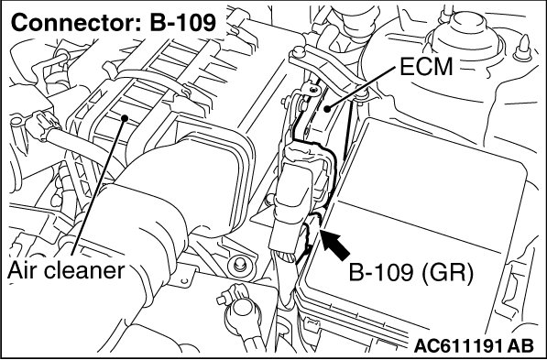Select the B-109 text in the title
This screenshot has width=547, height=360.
(x=183, y=23)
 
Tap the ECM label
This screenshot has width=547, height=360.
(x=426, y=66)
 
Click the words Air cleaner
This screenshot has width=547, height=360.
(x=66, y=270)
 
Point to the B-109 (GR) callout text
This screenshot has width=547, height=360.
(x=411, y=272)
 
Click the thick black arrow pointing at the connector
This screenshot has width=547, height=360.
(x=334, y=245)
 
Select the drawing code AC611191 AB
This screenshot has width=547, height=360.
(x=474, y=346)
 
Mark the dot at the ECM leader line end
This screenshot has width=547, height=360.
(x=327, y=109)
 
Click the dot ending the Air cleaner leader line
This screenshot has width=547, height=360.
(x=125, y=118)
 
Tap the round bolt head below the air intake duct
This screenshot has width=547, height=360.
(x=240, y=265)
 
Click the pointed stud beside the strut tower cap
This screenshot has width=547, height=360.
(x=522, y=49)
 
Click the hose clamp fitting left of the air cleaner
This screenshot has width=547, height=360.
(x=42, y=125)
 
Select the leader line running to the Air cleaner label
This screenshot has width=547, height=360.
(x=98, y=187)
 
